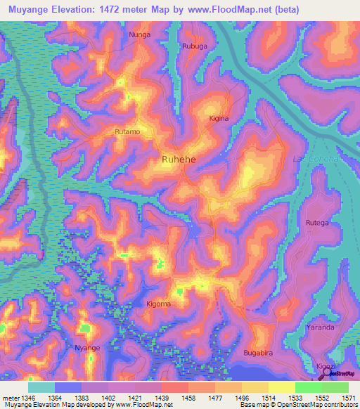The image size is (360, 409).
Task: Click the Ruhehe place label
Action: point(179,160)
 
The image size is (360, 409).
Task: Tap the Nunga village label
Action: point(139,34)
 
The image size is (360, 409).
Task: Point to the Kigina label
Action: point(219,119)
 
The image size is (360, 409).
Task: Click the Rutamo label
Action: point(127,131)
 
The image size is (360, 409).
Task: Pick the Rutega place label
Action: point(316,223)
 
